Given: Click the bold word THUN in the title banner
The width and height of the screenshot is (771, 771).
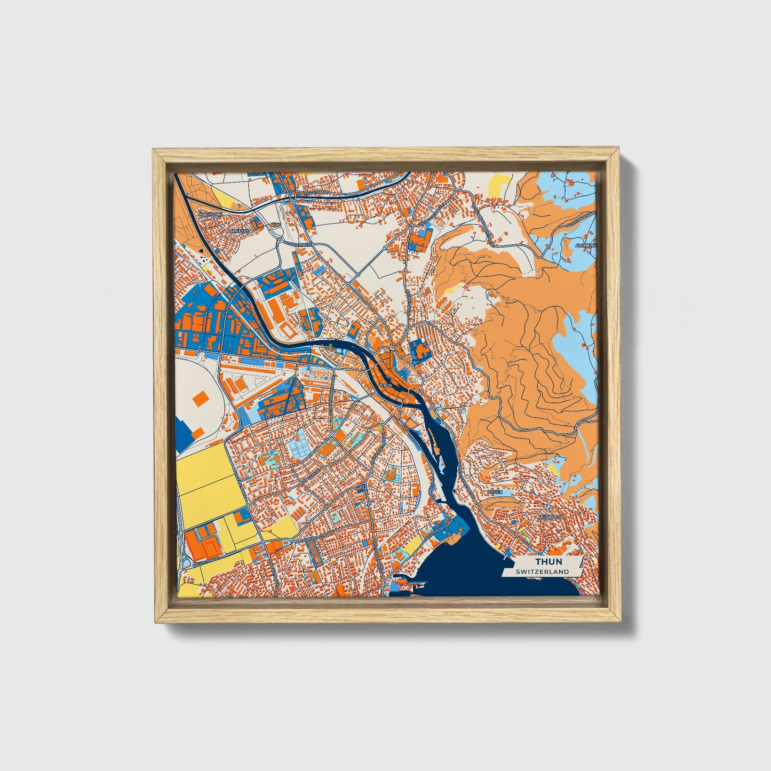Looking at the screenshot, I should coord(548,562).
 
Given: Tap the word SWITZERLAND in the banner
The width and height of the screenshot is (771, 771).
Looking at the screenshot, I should coord(542,571).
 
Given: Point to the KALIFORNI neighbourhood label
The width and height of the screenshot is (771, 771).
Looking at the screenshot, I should coord(209,214).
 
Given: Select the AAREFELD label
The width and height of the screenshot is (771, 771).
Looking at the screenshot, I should coord(238,231).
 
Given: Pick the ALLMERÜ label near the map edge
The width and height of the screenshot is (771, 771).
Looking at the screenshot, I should coord(585,245).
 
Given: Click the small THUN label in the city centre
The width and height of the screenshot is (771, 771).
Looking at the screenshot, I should coord(385,385).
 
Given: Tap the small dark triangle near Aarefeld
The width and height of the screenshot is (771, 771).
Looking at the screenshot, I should coord(201,250).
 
